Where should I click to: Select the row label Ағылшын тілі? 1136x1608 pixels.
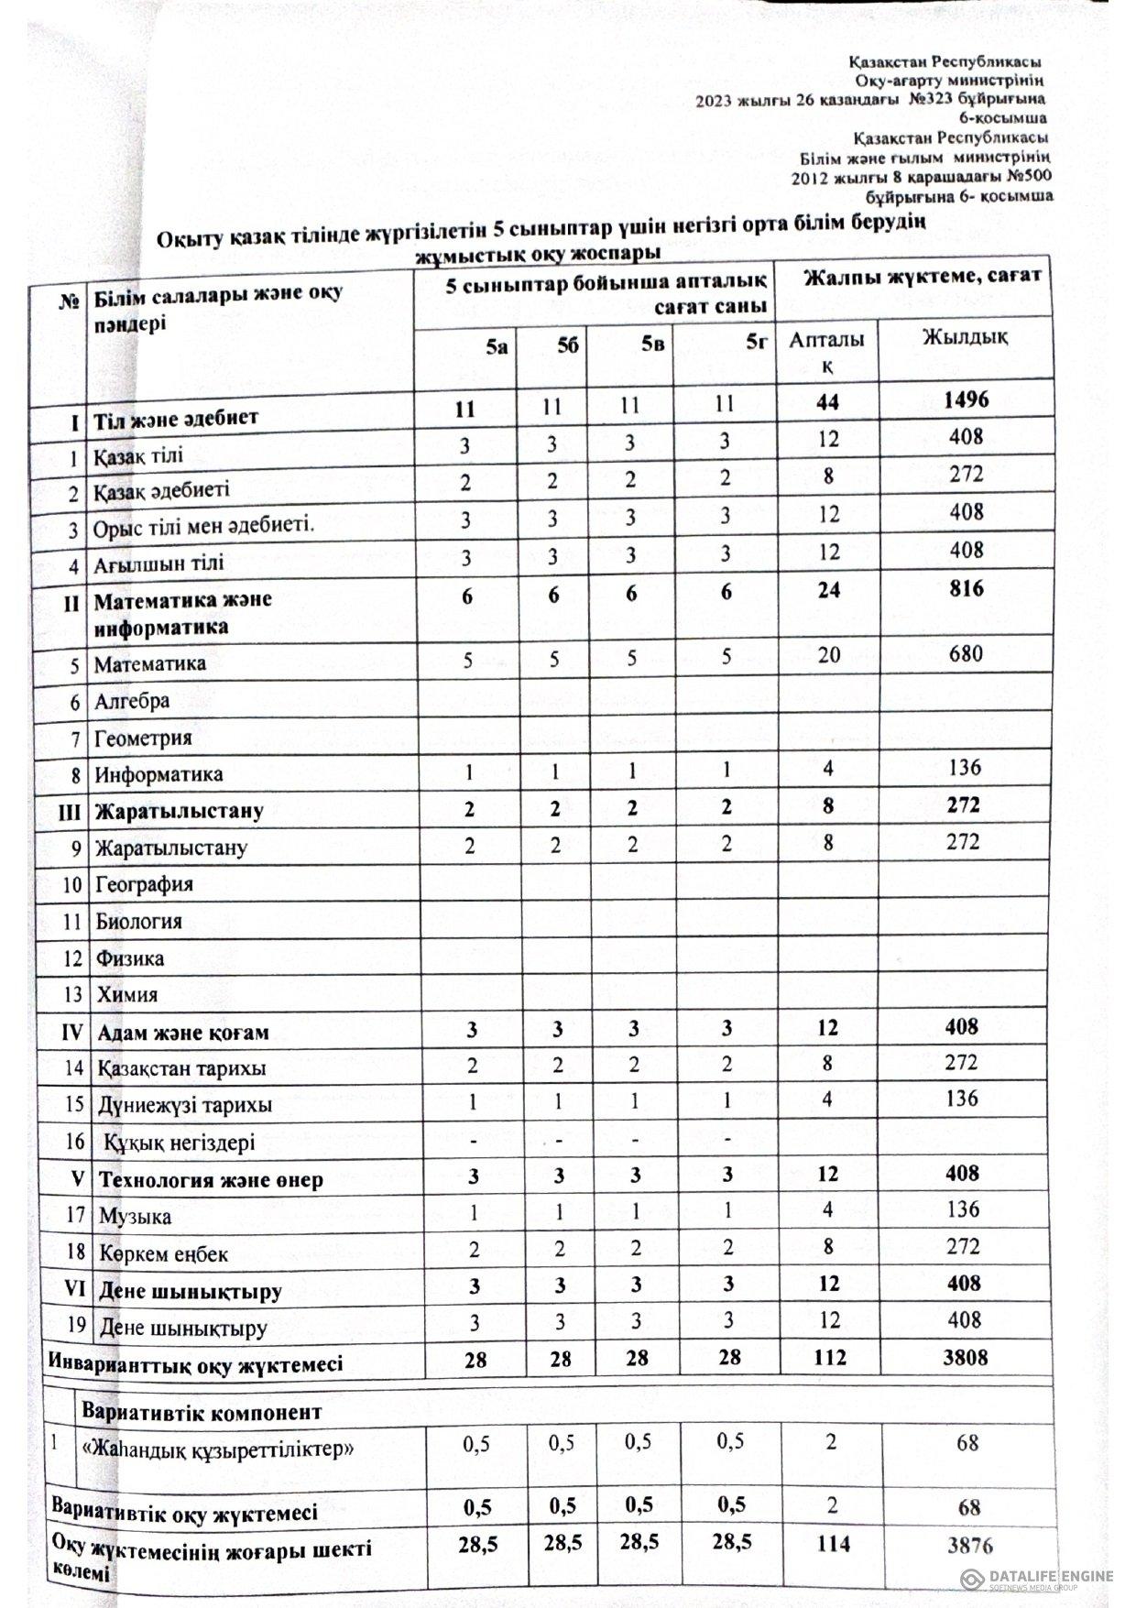pyautogui.click(x=158, y=563)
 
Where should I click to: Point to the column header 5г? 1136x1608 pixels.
pyautogui.click(x=756, y=344)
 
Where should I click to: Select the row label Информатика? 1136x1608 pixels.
pyautogui.click(x=158, y=774)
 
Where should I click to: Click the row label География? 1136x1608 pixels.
pyautogui.click(x=144, y=885)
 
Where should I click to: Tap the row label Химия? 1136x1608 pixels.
pyautogui.click(x=127, y=995)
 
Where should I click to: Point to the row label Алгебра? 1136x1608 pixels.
pyautogui.click(x=132, y=702)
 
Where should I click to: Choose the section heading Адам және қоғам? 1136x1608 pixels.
pyautogui.click(x=183, y=1033)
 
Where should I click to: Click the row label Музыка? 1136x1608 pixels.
pyautogui.click(x=136, y=1217)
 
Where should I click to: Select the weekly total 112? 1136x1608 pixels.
pyautogui.click(x=829, y=1358)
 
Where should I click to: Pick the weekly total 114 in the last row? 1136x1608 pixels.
pyautogui.click(x=829, y=1545)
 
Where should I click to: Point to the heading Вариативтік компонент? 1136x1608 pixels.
pyautogui.click(x=202, y=1412)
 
